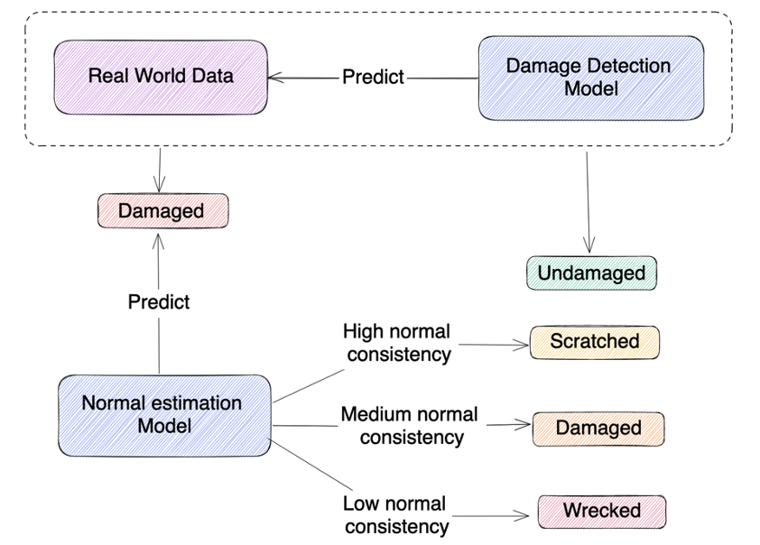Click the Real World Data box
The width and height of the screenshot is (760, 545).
tap(161, 76)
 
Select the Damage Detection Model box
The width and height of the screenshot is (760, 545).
tap(590, 78)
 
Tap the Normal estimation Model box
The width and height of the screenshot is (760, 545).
tap(163, 414)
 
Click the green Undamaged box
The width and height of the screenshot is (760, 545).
tap(591, 272)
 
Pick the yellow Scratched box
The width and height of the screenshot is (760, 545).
tap(594, 341)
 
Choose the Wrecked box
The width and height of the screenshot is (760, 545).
tap(601, 511)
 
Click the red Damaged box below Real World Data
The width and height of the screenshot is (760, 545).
tap(162, 211)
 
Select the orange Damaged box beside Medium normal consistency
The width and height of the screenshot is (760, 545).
tap(598, 428)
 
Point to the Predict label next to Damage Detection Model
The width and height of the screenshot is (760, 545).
tap(373, 77)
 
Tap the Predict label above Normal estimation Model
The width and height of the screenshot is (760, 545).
tap(159, 301)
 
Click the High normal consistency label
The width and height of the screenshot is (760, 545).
tap(396, 343)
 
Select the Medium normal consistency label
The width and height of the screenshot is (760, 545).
tap(410, 426)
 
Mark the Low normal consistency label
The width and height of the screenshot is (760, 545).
tap(395, 514)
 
